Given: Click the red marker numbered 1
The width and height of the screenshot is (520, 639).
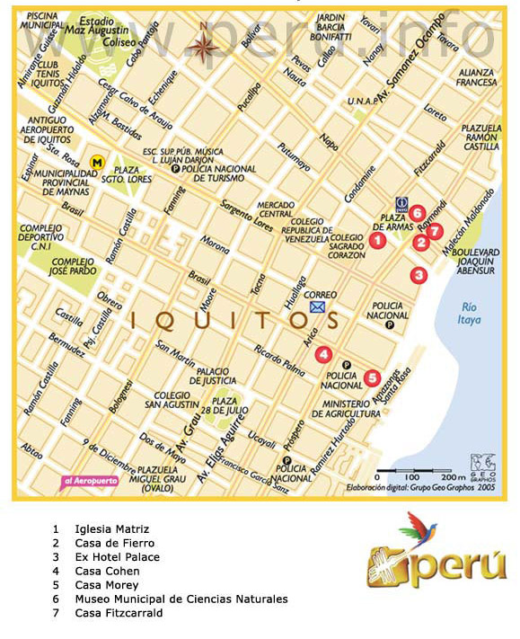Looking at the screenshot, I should pyautogui.click(x=378, y=240).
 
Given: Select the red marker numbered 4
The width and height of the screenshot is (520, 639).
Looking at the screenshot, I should pyautogui.click(x=323, y=354).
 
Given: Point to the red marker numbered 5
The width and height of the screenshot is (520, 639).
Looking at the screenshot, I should pyautogui.click(x=372, y=377).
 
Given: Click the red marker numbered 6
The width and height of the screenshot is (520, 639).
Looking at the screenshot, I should pyautogui.click(x=418, y=213).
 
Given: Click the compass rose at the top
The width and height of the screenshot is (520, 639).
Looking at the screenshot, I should pyautogui.click(x=203, y=41).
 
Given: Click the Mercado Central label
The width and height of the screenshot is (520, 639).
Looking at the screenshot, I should pyautogui.click(x=277, y=209).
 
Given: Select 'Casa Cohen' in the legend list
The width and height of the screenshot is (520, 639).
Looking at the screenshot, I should pyautogui.click(x=107, y=571).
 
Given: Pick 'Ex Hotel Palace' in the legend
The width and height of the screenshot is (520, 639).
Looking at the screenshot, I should pyautogui.click(x=117, y=557).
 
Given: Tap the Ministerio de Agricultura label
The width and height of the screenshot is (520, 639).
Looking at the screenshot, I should pyautogui.click(x=351, y=408).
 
